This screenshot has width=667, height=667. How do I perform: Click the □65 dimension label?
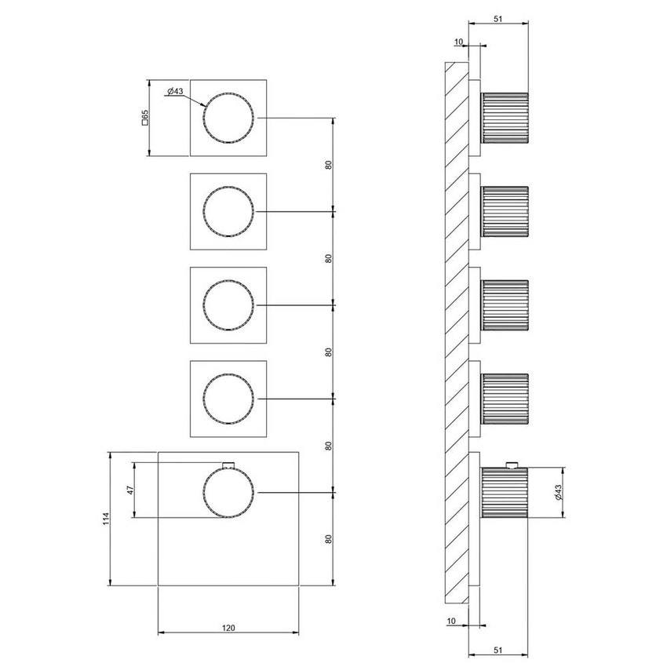[x=144, y=118]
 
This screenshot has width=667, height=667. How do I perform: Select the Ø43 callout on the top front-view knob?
[x=175, y=92]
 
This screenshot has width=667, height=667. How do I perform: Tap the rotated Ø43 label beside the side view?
[x=556, y=493]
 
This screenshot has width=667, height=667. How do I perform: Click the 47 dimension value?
[x=131, y=490]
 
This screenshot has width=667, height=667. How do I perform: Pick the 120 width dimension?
[x=228, y=627]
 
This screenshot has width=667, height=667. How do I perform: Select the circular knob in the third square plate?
[x=228, y=305]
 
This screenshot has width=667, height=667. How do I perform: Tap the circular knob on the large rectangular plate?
[x=228, y=492]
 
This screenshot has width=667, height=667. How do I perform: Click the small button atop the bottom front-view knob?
[x=228, y=464]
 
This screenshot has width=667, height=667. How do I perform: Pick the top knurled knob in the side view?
[x=505, y=118]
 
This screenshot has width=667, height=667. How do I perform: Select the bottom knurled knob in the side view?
[x=505, y=492]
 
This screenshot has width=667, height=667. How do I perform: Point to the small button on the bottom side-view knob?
[x=512, y=463]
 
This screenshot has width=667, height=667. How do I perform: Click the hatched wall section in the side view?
[x=456, y=330]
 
